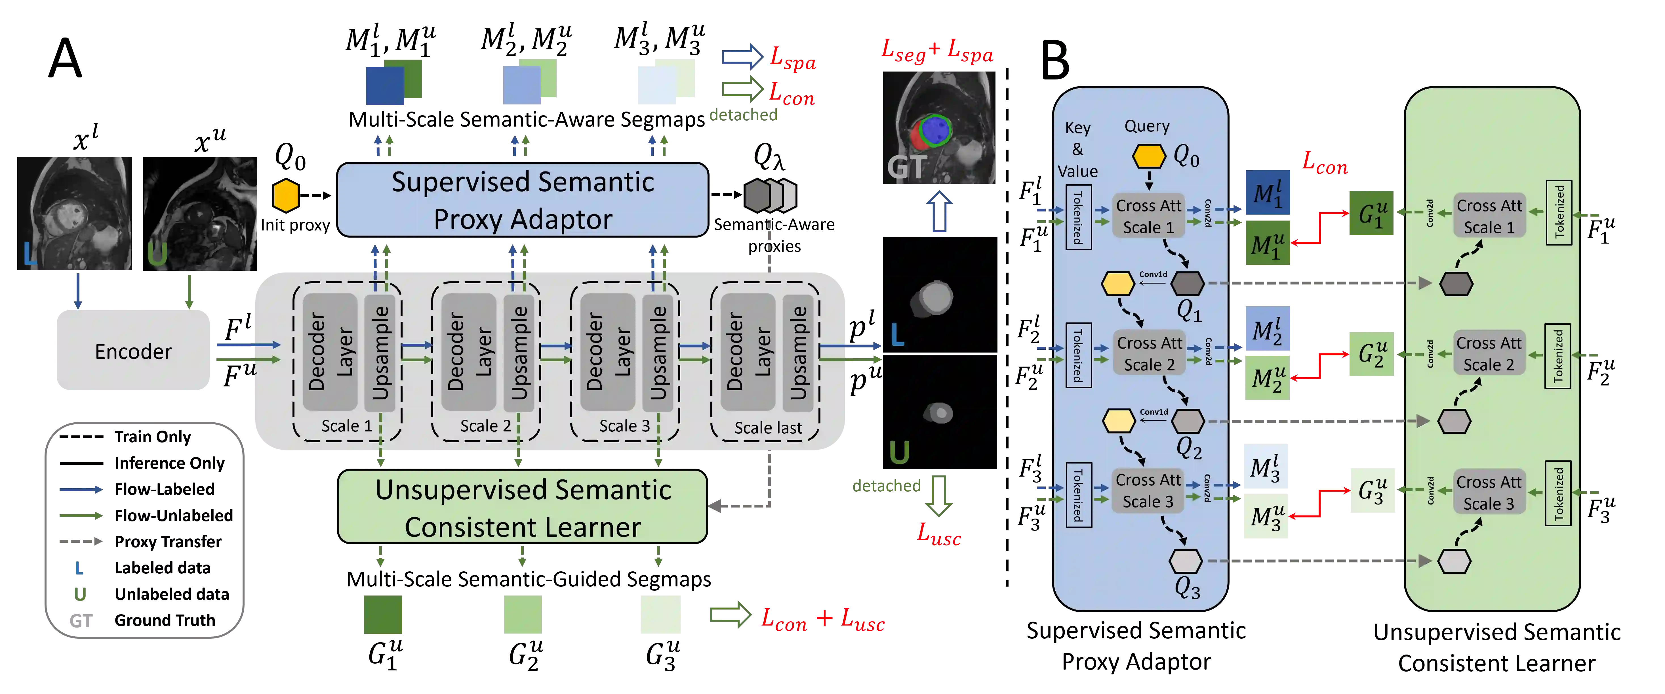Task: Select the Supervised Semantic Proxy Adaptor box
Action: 522,200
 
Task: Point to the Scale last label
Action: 768,427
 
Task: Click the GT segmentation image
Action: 939,127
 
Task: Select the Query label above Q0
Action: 1147,126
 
